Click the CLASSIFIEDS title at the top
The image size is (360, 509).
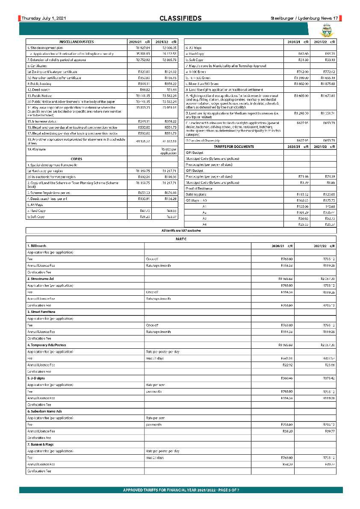(x=180, y=18)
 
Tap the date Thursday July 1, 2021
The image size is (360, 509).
(x=44, y=18)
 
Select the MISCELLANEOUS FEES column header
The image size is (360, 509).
(x=77, y=42)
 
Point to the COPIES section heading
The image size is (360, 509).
(x=77, y=159)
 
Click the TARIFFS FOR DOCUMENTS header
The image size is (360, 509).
(x=234, y=147)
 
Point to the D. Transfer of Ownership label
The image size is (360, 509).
(x=203, y=141)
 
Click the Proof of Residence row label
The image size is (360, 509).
(x=200, y=188)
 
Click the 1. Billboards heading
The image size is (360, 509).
(x=37, y=246)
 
